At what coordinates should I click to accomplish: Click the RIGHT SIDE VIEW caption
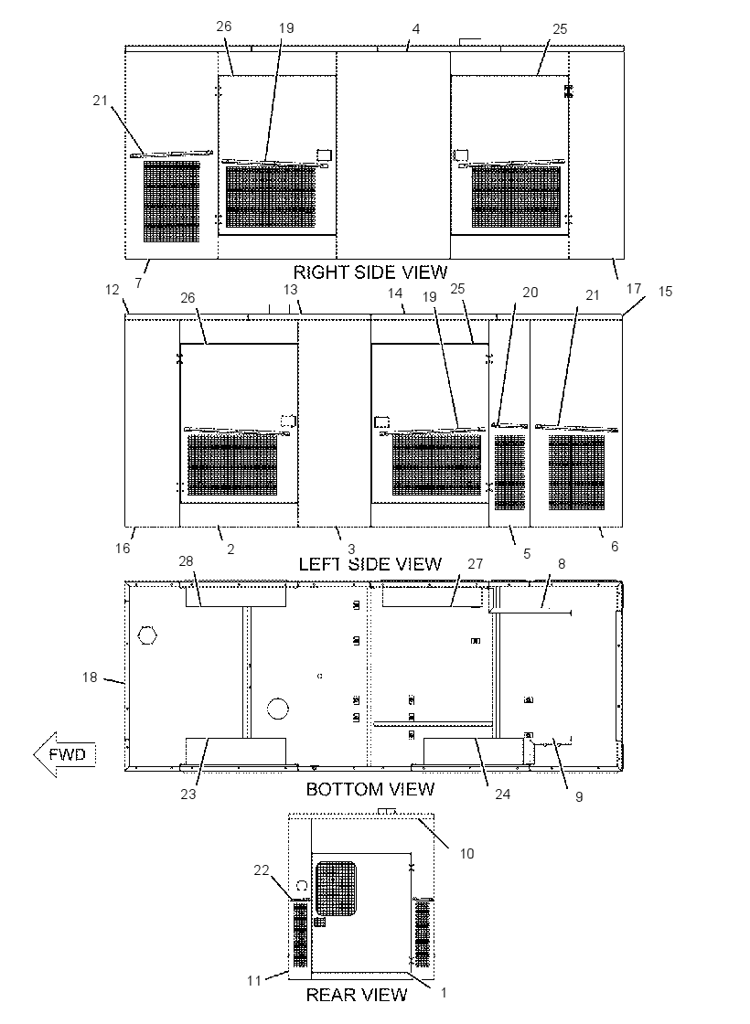370,272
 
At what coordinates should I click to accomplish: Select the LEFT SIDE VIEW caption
370,563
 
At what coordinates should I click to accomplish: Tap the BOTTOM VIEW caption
370,789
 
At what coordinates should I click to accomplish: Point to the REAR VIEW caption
357,995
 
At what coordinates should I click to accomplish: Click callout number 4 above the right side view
416,28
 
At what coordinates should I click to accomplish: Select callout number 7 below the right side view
138,283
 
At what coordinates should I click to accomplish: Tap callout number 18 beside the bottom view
90,677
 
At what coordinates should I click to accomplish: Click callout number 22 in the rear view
262,870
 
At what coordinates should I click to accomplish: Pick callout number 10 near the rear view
467,854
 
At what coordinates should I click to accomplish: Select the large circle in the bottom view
278,708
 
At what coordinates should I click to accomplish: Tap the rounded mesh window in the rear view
336,888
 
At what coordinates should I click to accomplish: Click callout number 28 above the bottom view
187,561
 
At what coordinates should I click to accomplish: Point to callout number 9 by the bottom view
579,796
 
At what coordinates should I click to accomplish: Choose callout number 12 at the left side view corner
112,289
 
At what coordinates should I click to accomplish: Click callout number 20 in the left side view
530,292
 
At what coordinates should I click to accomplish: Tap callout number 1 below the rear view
444,993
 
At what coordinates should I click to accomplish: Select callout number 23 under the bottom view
188,795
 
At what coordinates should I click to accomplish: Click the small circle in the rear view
302,886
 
